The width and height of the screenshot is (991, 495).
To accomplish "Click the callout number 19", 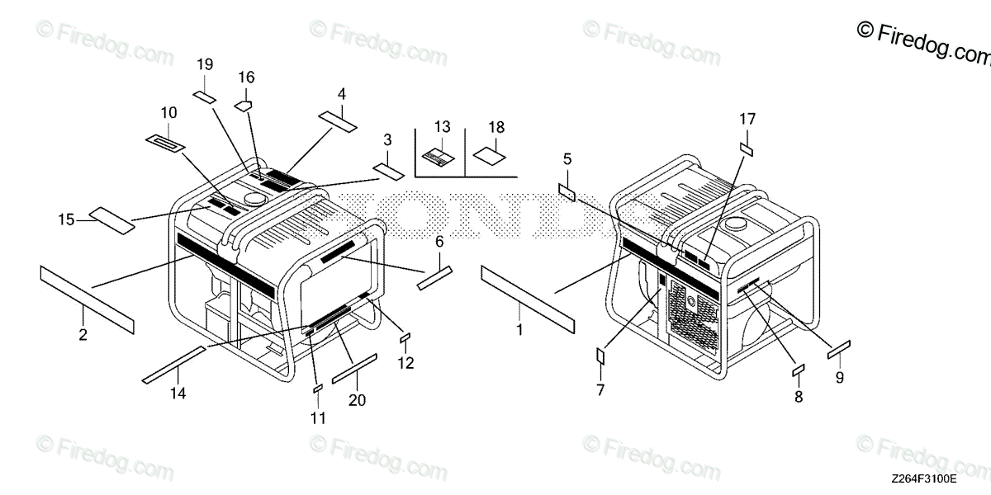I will tap(205, 64).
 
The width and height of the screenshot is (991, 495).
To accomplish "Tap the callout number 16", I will tap(246, 78).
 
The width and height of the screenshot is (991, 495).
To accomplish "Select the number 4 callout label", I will tap(341, 93).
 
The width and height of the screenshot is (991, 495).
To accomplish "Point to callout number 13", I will tap(443, 126).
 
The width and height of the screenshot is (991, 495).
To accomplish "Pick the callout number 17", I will tap(747, 119).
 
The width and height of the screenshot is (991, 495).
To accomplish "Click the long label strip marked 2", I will tap(86, 299).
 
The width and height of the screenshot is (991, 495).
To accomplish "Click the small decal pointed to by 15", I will tap(111, 221).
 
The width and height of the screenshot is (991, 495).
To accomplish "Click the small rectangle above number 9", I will tap(840, 349).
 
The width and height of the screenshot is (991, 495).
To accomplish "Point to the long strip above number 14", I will tap(173, 365).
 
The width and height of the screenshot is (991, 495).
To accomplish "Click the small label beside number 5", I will tap(567, 192).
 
